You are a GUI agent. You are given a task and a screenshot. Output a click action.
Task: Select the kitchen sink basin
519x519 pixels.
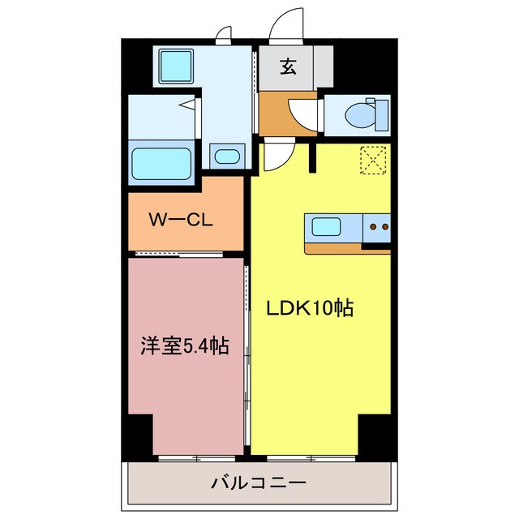tap(327, 227)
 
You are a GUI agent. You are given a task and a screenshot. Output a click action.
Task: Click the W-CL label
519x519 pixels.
tap(180, 219)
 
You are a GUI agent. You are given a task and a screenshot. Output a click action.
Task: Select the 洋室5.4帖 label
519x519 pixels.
tap(180, 347)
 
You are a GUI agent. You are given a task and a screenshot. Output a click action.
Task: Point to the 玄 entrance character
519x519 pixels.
tap(289, 66)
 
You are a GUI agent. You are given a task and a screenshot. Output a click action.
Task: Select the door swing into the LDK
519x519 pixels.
tap(273, 157)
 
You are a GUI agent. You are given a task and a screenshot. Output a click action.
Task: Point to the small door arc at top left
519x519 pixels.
tap(222, 34)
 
